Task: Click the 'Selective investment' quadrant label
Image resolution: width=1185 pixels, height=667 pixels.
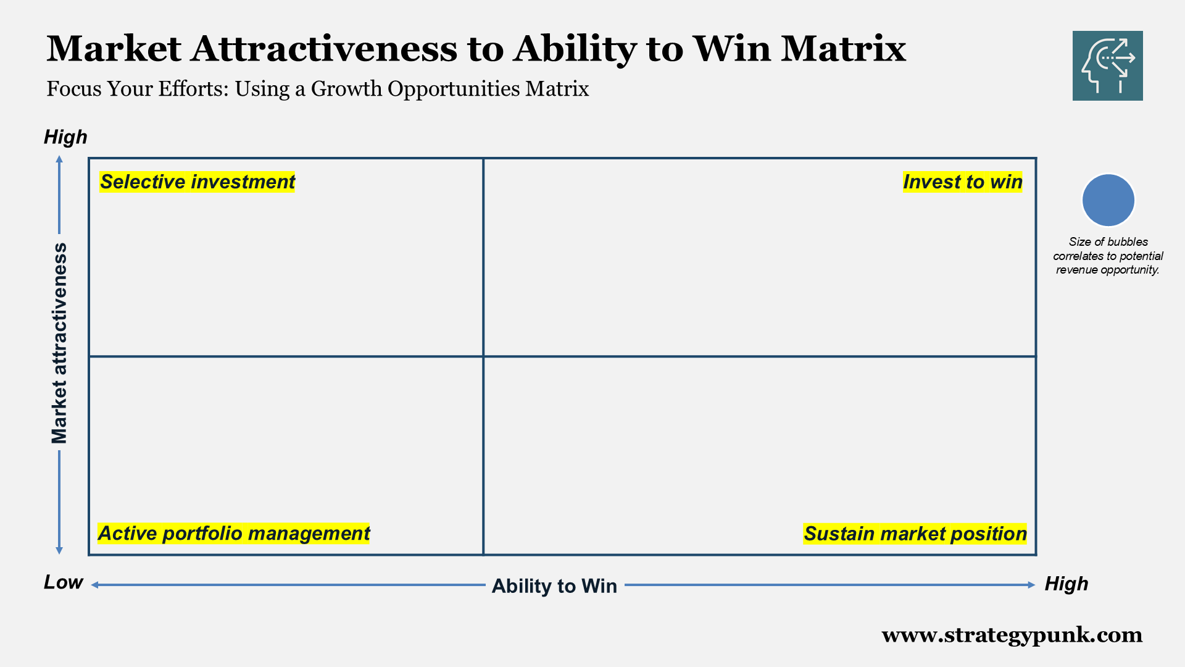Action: [x=197, y=182]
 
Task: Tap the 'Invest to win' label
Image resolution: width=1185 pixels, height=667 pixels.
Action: [x=962, y=182]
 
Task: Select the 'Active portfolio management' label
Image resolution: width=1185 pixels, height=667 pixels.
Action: [x=233, y=534]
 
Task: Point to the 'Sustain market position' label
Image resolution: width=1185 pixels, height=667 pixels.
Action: [x=915, y=534]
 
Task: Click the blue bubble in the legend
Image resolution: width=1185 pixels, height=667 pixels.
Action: [x=1108, y=200]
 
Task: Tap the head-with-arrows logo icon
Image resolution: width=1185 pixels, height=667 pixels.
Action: [x=1107, y=65]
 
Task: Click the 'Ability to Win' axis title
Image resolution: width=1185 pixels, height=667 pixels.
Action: [x=554, y=585]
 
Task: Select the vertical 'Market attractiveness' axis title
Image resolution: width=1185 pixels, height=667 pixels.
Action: [x=59, y=343]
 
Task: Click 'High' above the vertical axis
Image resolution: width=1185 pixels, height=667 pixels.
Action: [x=65, y=137]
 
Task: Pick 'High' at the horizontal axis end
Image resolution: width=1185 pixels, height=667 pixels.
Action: [x=1066, y=584]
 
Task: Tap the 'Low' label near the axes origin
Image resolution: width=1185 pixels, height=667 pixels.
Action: [x=63, y=582]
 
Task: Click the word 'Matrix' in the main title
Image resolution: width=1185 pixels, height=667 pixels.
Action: [x=843, y=49]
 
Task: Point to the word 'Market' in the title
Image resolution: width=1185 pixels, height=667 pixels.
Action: [x=114, y=49]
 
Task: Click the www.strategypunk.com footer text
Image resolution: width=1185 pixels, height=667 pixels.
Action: [x=1012, y=635]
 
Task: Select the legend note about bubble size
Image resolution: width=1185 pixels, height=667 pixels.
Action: [x=1108, y=256]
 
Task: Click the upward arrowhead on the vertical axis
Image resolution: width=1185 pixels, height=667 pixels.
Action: [x=59, y=159]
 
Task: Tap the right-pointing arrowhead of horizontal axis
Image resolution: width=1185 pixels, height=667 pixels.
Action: [x=1031, y=585]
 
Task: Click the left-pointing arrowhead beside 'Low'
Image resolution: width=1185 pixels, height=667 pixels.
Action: [x=95, y=585]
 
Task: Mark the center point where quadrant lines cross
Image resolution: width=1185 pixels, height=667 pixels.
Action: [x=483, y=356]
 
